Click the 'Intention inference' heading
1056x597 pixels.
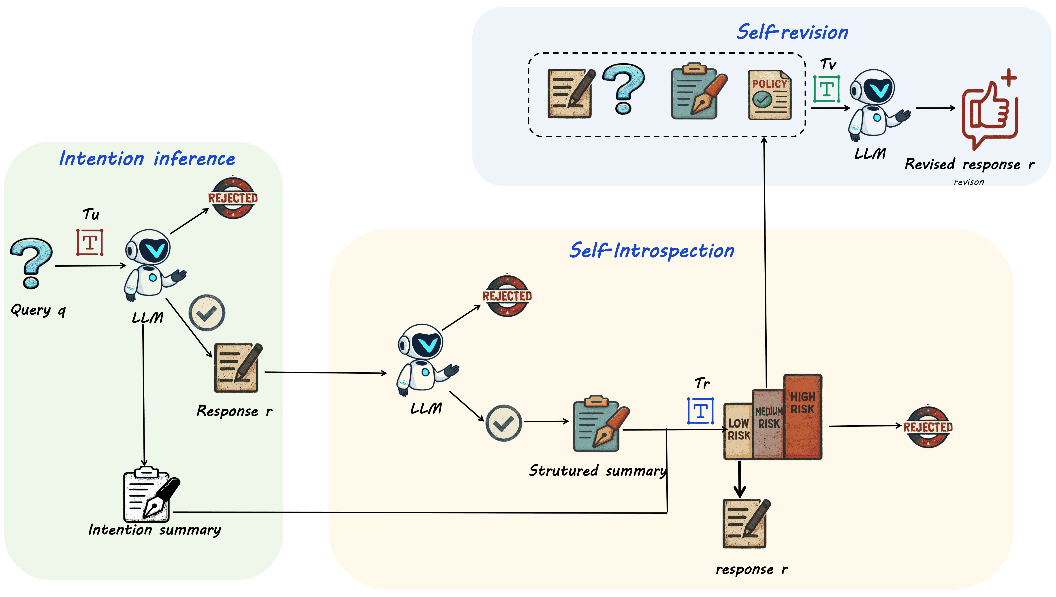(x=147, y=159)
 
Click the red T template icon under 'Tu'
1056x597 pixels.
(x=90, y=242)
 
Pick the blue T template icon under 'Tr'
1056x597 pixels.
(x=700, y=411)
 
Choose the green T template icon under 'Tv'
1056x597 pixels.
(x=826, y=89)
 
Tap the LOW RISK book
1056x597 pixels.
(x=738, y=431)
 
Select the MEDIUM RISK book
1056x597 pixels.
(x=768, y=424)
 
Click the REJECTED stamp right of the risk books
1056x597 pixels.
(x=928, y=427)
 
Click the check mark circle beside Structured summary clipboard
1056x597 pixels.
(x=503, y=423)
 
